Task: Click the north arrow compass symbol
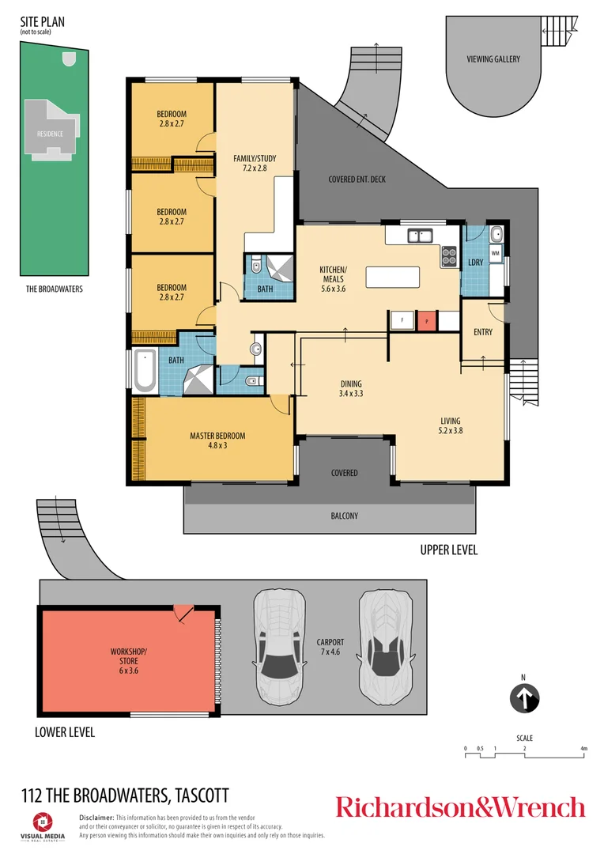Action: (524, 698)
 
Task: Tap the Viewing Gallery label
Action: (493, 59)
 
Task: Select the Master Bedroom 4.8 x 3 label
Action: (217, 440)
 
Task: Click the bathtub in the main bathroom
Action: (145, 371)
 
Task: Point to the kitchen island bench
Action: (393, 278)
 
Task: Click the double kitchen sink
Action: (419, 235)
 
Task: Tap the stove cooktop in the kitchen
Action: (450, 255)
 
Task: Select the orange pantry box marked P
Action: (427, 321)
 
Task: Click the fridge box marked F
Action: (402, 321)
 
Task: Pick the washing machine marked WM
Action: (496, 253)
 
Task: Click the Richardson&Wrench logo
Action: (460, 807)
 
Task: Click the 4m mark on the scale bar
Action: (583, 748)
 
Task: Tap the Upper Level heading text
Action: (449, 550)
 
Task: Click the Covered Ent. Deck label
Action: (357, 179)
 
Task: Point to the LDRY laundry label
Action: (476, 262)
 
